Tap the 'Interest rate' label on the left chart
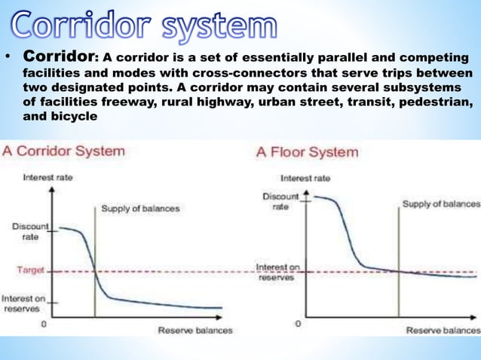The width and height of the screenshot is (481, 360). (x=47, y=178)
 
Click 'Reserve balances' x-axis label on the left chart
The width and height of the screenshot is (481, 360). (x=195, y=330)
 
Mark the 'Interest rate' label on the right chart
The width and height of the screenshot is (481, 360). (x=305, y=178)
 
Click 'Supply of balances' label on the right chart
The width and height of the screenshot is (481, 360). (x=440, y=204)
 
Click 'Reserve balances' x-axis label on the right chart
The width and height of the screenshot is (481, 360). (x=443, y=330)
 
